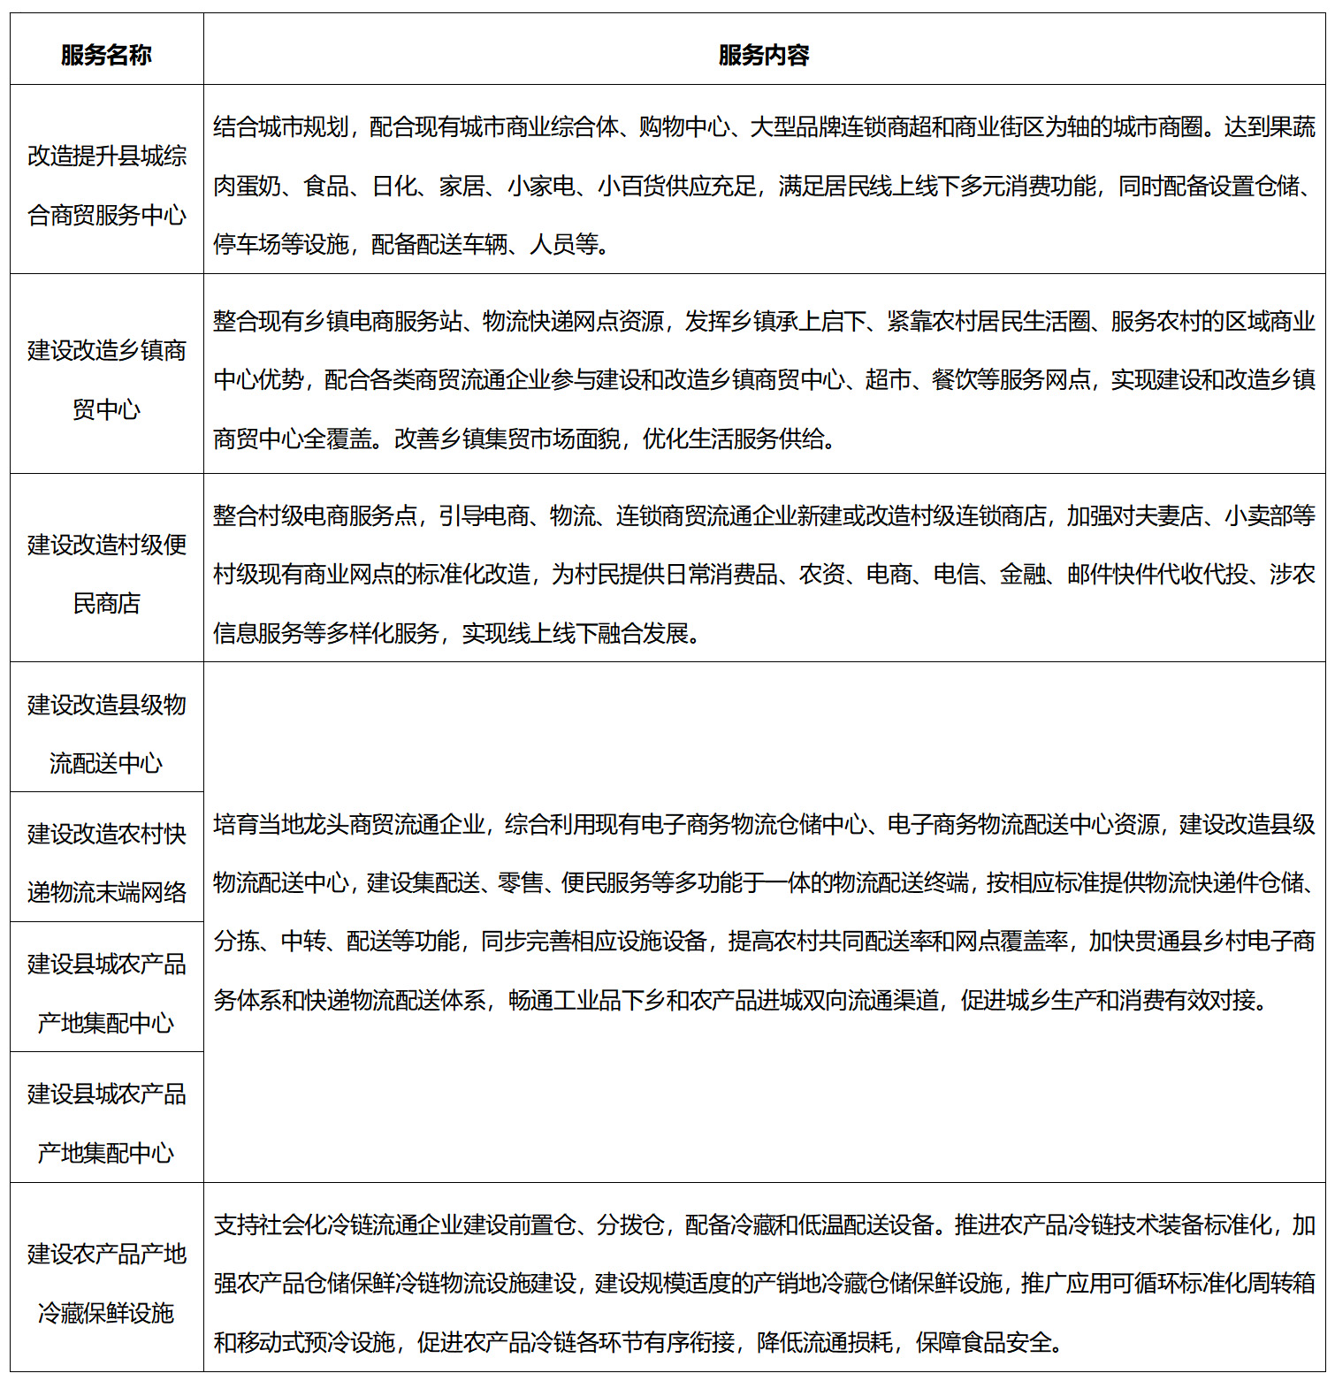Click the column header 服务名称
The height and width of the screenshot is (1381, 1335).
106,55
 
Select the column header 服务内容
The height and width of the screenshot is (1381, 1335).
764,55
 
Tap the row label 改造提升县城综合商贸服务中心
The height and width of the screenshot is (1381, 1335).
106,185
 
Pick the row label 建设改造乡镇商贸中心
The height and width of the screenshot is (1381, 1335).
106,379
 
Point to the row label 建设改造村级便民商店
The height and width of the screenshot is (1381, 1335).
106,574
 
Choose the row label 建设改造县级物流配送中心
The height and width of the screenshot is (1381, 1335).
106,733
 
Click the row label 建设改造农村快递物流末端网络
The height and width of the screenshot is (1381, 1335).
106,862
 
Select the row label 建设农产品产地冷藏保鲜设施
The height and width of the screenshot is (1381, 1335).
106,1283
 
